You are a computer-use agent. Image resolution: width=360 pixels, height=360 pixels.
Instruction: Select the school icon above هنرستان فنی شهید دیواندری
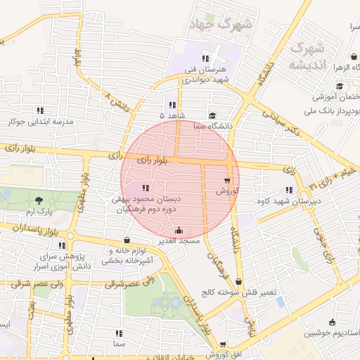pos(205,59)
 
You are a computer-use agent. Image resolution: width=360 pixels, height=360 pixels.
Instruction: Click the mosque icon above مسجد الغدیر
pos(179,230)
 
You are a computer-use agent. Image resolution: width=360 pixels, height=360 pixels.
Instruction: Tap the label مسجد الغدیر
pos(180,240)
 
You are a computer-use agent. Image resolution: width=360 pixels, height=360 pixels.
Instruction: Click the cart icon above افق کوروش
pos(223,345)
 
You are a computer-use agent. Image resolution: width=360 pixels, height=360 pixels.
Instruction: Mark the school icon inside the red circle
pos(146,188)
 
